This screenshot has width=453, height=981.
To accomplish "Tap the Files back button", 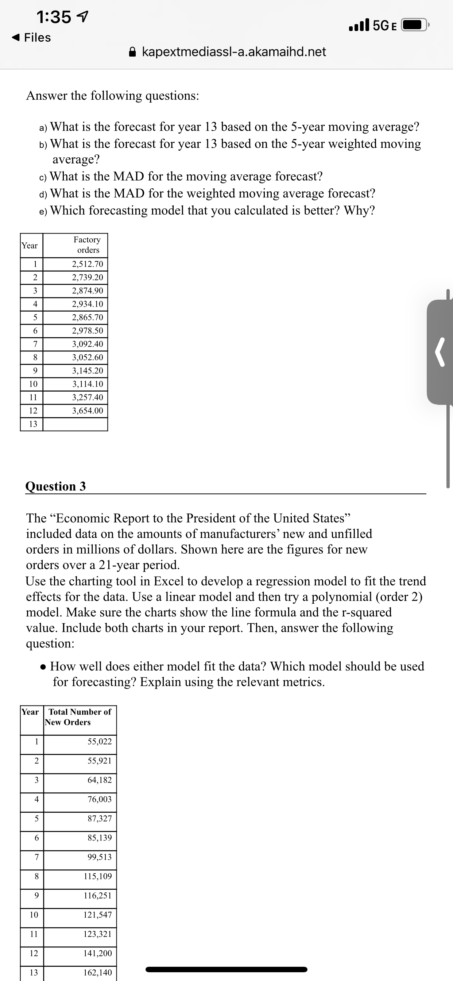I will point(32,37).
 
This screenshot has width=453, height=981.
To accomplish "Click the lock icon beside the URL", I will point(132,51).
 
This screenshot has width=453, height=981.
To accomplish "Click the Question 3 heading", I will point(55,486).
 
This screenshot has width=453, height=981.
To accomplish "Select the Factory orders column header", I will point(88,245).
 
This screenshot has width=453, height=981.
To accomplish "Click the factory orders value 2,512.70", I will point(88,264).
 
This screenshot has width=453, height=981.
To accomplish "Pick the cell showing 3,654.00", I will point(88,411).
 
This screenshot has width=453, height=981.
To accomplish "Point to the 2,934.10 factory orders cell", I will point(88,304).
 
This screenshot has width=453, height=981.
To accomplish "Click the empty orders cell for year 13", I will point(75,424).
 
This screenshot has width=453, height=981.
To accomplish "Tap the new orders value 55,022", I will point(99,742).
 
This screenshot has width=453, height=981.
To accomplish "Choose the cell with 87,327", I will point(99,818).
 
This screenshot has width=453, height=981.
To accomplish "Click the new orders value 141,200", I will point(97,953).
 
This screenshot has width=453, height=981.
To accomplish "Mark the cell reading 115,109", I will point(97,876).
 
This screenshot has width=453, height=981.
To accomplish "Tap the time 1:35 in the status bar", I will point(54,17).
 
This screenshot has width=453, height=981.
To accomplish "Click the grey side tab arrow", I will point(440,352).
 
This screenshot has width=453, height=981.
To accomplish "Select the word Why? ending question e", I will point(359,210).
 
